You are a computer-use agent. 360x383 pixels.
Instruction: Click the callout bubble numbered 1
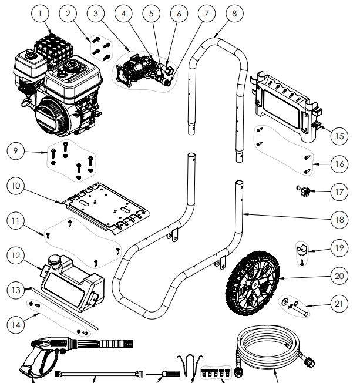pos(40,12)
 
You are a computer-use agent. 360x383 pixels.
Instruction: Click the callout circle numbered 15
pos(335,136)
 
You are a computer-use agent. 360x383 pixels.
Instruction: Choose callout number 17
pos(335,191)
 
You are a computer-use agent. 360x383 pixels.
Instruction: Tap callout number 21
pos(335,305)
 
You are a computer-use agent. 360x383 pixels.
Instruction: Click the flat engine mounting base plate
pos(106,203)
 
